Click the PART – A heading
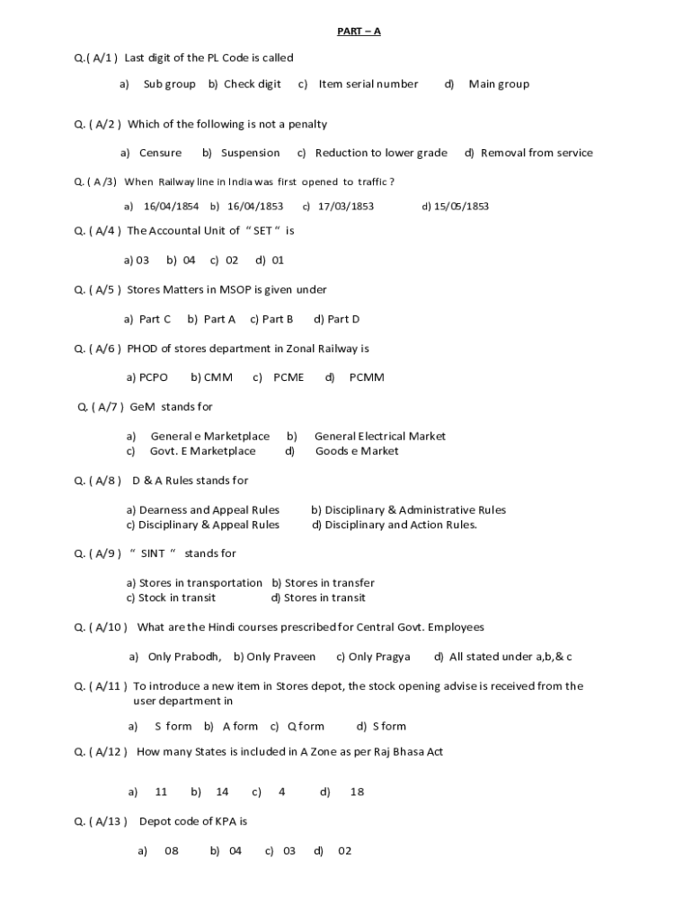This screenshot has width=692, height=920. tap(359, 31)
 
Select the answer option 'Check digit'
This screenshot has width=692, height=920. tap(252, 84)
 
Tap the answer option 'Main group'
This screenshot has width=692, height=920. tap(499, 84)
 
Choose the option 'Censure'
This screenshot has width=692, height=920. tap(160, 153)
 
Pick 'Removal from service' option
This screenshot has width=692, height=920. tap(537, 153)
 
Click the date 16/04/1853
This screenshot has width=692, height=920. tap(255, 206)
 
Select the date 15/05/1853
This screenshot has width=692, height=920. tap(461, 206)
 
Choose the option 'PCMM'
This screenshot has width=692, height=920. tap(367, 377)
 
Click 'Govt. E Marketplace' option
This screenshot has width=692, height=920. tap(202, 451)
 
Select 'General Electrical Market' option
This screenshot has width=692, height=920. tap(379, 436)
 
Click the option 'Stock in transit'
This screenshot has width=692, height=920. tap(177, 597)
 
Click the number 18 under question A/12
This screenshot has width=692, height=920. tap(357, 792)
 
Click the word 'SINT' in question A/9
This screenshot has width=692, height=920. tap(153, 553)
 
